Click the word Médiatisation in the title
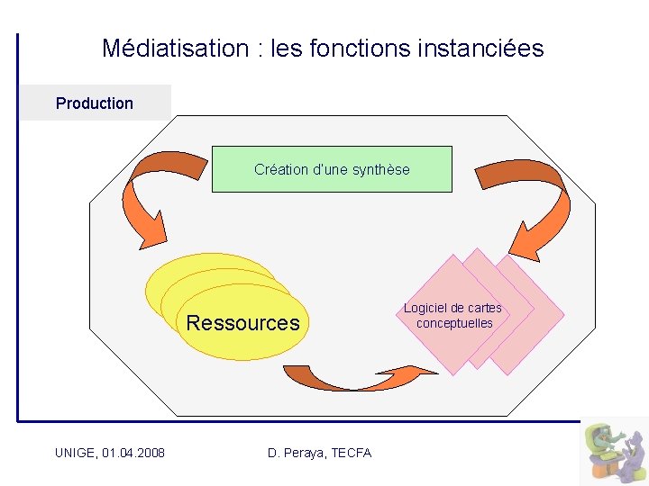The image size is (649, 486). [x=175, y=48]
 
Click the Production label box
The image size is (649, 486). [x=95, y=103]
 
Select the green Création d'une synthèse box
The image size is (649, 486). [x=332, y=169]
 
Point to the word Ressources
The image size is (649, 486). [x=242, y=323]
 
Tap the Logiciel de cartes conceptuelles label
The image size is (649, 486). [x=453, y=315]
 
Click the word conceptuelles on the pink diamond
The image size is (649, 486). [x=454, y=323]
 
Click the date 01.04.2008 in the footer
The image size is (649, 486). [x=134, y=453]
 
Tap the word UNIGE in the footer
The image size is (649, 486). [x=75, y=453]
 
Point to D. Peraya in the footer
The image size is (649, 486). [x=297, y=453]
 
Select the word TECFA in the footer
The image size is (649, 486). [x=352, y=453]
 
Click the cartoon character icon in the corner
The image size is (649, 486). [x=613, y=450]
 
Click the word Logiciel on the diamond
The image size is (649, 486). [x=426, y=308]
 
